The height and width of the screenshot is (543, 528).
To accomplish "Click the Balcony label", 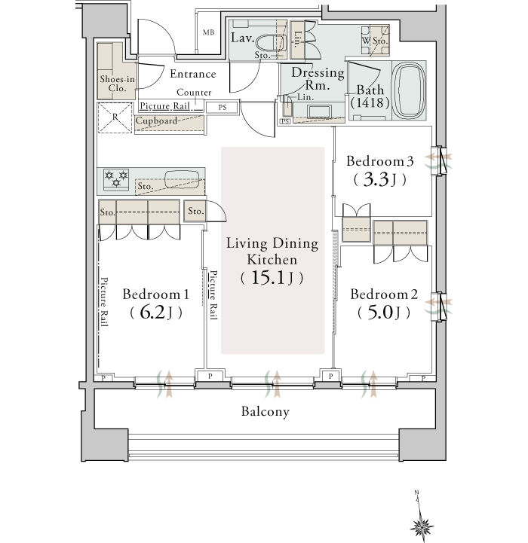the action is point(266,411).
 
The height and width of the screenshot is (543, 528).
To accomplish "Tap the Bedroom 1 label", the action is point(156,294).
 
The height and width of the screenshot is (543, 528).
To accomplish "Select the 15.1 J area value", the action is point(272,278).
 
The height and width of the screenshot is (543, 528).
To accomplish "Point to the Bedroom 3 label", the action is point(380,161).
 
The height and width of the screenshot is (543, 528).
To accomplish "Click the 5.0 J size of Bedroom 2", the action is point(384,313).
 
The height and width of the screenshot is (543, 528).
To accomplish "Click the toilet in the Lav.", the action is point(272,43).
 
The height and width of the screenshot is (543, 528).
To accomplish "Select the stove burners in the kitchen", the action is point(116,178).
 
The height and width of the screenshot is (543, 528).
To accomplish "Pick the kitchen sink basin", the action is point(181,179).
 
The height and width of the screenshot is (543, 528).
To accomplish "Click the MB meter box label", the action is point(208,32).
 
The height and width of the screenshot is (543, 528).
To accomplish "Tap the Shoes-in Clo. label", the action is point(117,84).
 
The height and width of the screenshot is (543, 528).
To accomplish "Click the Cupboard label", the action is point(156,120).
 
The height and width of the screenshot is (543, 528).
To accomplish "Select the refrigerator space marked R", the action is point(115,117).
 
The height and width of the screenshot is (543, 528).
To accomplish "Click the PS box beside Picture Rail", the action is point(223,108).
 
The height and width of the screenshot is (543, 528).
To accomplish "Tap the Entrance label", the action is point(193,74).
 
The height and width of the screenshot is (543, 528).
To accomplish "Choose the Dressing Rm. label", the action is point(318,78).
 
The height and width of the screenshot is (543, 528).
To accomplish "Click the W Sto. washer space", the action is point(375,41).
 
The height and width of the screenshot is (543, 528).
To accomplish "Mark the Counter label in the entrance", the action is point(194,93).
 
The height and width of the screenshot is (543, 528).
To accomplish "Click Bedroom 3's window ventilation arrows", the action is point(438,161).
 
